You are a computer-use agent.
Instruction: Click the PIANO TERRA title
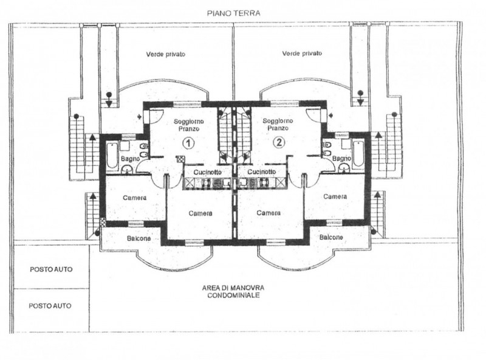point(233,13)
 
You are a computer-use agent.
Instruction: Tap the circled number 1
point(188,143)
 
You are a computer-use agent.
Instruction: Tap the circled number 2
point(279,142)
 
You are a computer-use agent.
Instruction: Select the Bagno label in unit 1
point(130,159)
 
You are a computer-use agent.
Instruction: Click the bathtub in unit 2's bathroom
point(358,154)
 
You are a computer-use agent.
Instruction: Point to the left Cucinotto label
point(207,172)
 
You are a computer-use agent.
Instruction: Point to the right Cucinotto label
point(262,171)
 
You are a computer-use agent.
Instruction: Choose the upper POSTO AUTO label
point(51,269)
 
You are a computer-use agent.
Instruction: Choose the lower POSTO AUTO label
point(50,306)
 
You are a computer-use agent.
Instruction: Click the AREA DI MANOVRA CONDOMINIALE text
point(233,292)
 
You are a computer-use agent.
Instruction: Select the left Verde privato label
point(165,54)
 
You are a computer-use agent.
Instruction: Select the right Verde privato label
point(302,54)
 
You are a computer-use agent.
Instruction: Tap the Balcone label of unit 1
point(139,238)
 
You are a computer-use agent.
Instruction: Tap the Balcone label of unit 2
point(331,237)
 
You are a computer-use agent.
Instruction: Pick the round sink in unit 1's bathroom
point(127,169)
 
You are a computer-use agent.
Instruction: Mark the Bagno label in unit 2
point(341,159)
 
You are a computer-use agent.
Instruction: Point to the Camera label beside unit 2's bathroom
point(335,197)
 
